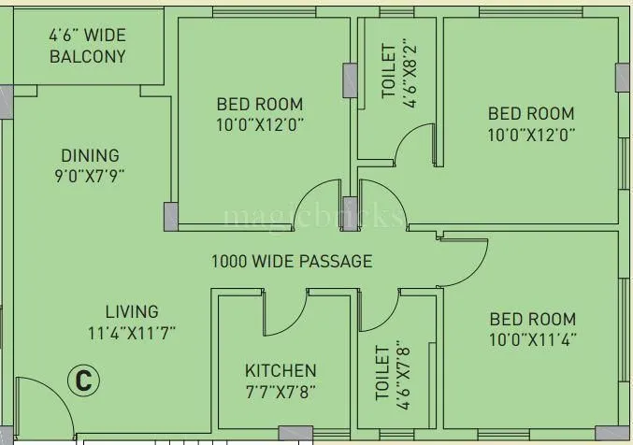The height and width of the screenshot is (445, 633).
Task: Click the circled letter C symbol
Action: [83, 380]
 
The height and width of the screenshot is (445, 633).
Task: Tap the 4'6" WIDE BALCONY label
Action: [87, 46]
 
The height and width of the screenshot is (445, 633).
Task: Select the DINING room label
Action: [90, 155]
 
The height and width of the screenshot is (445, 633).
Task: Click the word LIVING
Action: [131, 311]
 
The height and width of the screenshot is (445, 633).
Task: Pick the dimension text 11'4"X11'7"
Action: [131, 331]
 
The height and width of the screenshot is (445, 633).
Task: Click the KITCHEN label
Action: [281, 370]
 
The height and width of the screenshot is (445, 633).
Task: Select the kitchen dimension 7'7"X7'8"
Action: [281, 391]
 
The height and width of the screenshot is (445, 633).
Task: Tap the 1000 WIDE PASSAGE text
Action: [291, 262]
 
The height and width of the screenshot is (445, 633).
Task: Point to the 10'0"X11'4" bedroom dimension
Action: [531, 339]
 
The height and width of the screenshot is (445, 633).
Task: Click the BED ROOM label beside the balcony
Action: [260, 104]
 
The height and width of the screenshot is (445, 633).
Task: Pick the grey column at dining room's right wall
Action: [170, 216]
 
